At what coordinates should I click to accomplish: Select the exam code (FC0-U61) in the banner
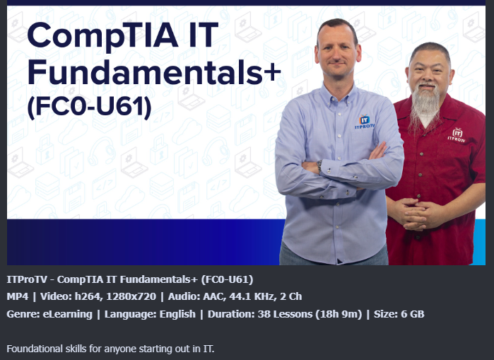[90, 107]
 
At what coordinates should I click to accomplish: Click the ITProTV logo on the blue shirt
[365, 122]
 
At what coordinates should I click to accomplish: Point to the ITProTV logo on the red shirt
[457, 135]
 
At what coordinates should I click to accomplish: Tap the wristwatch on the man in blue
[319, 166]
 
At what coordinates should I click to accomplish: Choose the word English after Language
[177, 314]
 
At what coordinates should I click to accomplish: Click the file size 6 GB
[413, 314]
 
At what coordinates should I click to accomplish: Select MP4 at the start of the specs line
[18, 296]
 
